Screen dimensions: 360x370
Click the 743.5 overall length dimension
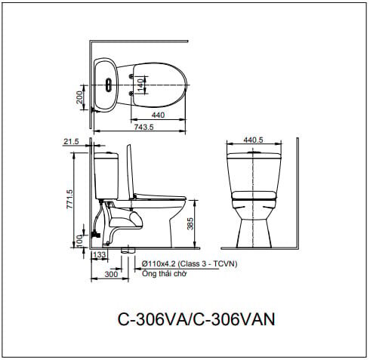143,128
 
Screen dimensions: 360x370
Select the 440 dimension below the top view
158,115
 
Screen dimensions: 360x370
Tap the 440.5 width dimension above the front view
253,140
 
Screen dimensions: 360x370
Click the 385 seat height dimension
190,223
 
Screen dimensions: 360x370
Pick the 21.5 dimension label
72,141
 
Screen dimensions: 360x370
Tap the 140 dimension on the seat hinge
140,84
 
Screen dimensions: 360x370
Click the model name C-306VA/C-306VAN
196,318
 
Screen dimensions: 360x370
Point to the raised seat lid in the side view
131,170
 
